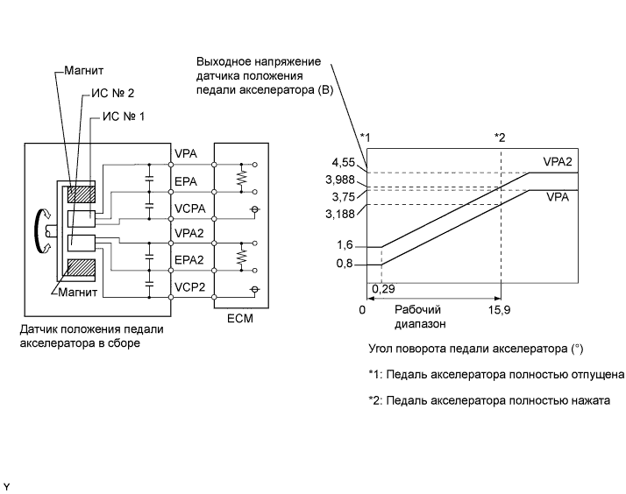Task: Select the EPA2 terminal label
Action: (x=190, y=260)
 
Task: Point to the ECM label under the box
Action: (x=238, y=319)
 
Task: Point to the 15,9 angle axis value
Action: (x=499, y=309)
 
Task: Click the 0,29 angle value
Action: (x=382, y=288)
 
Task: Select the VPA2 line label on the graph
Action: (x=558, y=162)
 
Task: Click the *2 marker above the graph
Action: (x=500, y=138)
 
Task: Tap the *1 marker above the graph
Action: (x=366, y=138)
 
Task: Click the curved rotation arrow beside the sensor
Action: (x=39, y=229)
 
